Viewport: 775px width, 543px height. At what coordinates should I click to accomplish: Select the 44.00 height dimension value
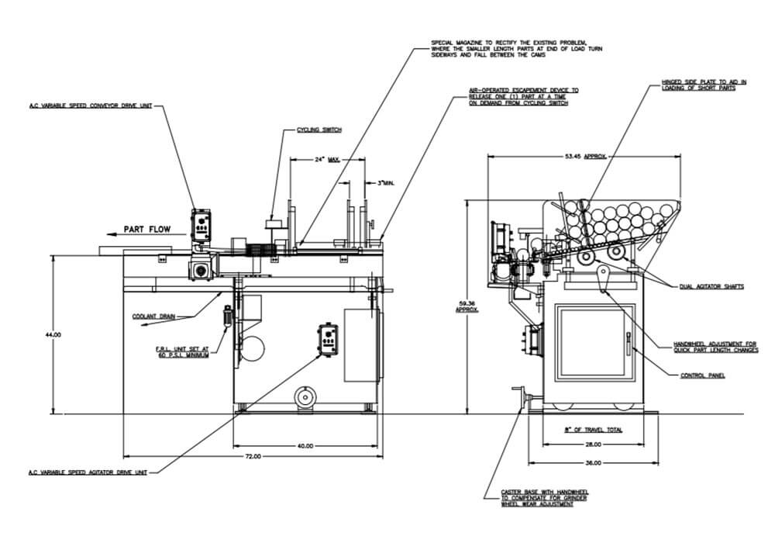click(53, 334)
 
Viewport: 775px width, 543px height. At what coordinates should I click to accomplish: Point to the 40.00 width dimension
click(305, 445)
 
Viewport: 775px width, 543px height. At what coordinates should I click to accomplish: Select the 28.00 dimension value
click(593, 445)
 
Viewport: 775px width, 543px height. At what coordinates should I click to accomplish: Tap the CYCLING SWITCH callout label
click(319, 130)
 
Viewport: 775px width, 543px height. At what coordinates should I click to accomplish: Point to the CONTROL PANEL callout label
click(702, 375)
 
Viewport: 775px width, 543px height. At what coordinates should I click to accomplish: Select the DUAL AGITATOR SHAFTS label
click(711, 286)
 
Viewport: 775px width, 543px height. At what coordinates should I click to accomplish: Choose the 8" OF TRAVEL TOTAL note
click(593, 429)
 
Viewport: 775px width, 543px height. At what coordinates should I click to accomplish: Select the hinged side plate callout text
click(704, 84)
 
